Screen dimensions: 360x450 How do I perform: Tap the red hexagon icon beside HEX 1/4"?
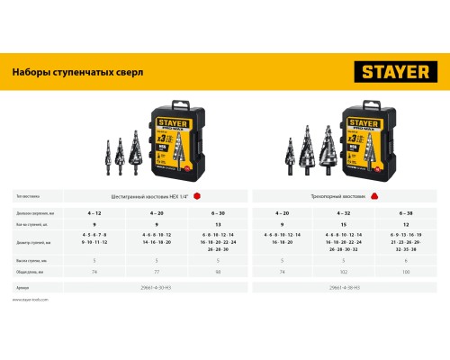209,194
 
